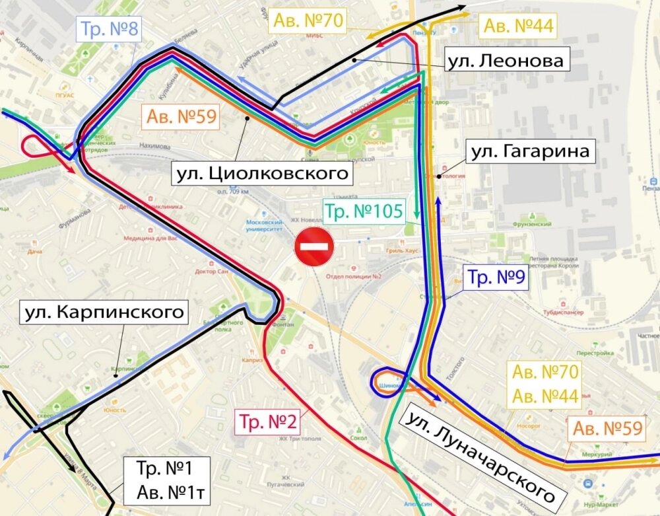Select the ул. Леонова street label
pyautogui.click(x=505, y=61)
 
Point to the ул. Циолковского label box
pyautogui.click(x=261, y=174)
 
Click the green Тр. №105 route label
pyautogui.click(x=364, y=212)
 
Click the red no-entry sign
pyautogui.click(x=315, y=247)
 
